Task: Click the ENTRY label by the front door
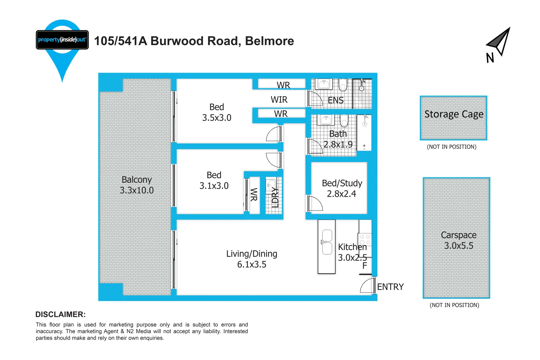(x=390, y=287)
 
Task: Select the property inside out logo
(x=62, y=40)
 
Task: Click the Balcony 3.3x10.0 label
(x=137, y=185)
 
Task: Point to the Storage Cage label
(x=454, y=114)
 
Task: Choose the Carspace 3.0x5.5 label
(x=458, y=240)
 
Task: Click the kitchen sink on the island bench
(x=327, y=242)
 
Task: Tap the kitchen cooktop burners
(x=365, y=239)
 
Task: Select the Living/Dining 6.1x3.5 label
(x=252, y=259)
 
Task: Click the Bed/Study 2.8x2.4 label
(x=342, y=188)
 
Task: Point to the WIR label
(x=279, y=100)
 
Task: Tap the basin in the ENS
(x=324, y=84)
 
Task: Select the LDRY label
(x=275, y=197)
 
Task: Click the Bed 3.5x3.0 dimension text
(x=217, y=118)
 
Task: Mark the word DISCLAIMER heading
(x=60, y=314)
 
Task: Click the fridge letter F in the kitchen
(x=365, y=266)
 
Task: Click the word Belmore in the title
(x=269, y=41)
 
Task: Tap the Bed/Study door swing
(x=315, y=204)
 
